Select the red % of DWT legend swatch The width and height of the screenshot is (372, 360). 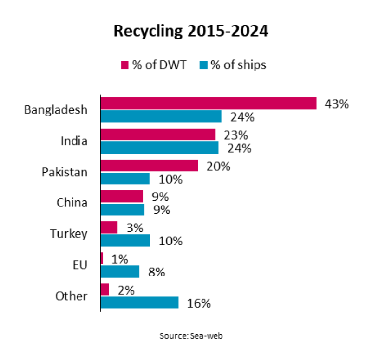click(x=124, y=65)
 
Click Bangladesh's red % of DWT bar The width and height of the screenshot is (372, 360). click(x=209, y=103)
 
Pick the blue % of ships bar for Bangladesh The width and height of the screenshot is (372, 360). click(x=161, y=116)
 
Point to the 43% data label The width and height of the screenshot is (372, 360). click(x=337, y=104)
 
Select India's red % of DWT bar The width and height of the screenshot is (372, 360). click(x=158, y=135)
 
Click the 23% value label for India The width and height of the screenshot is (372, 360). click(x=236, y=135)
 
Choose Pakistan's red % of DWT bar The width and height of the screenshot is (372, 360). click(x=150, y=166)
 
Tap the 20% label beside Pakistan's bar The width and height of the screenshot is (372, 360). click(x=218, y=166)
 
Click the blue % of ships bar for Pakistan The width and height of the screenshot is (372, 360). click(x=125, y=179)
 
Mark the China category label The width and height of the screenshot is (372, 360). click(x=72, y=203)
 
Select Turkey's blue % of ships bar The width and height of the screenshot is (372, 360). click(x=126, y=240)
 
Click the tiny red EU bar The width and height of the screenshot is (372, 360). click(x=102, y=259)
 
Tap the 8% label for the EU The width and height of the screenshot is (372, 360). click(x=157, y=272)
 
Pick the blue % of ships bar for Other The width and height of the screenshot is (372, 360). click(x=140, y=302)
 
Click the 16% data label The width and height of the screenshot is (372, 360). click(x=199, y=303)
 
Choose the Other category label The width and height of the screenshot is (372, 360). click(x=71, y=296)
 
